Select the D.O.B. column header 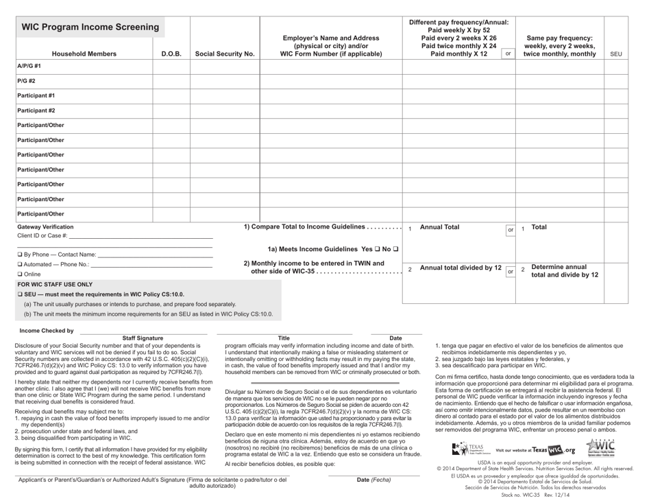[x=171, y=54]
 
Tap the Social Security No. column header [x=225, y=54]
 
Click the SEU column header [x=615, y=54]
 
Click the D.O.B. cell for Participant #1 [x=171, y=95]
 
